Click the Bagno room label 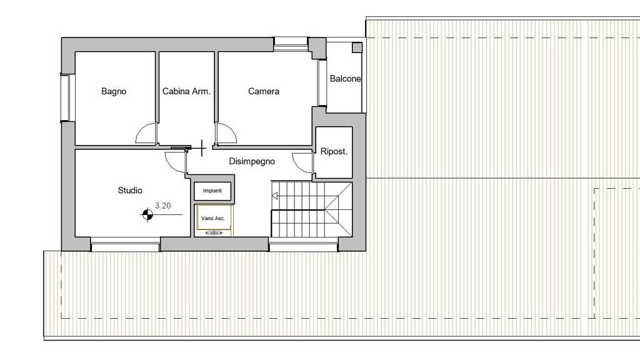tap(114, 91)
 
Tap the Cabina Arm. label tap(186, 91)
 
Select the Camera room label tap(264, 91)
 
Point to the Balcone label tap(345, 79)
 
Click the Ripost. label tap(334, 151)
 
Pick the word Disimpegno tap(252, 161)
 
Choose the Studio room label tap(130, 190)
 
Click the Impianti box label tap(212, 191)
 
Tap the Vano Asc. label tap(213, 218)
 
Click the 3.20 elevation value tap(163, 206)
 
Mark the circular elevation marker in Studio tap(147, 214)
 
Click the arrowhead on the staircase tap(275, 196)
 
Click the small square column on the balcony tap(357, 47)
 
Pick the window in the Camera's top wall tap(291, 44)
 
